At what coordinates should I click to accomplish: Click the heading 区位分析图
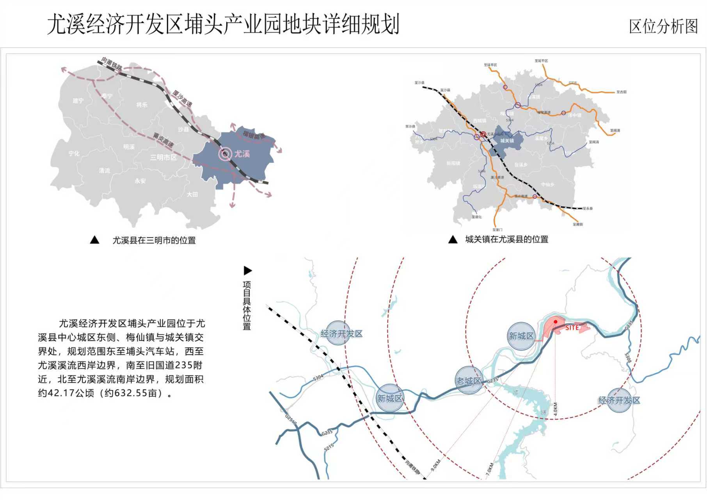(663, 27)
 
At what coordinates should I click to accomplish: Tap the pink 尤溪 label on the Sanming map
(242, 154)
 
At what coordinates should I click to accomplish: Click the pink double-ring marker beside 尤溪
(225, 154)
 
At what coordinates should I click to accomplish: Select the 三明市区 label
(163, 157)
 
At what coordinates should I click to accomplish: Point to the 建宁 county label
(78, 101)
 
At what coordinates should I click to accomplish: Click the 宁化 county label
(74, 154)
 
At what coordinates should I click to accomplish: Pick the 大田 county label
(192, 194)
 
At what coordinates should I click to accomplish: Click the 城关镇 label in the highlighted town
(507, 141)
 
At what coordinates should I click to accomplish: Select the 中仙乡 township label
(547, 184)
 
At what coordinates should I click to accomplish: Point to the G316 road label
(572, 83)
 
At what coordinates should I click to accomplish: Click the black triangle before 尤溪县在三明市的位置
(94, 240)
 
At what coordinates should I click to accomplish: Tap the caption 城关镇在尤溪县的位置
(506, 239)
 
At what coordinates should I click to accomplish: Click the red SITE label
(572, 328)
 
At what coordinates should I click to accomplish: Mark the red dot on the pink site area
(556, 322)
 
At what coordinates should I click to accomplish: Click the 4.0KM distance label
(555, 409)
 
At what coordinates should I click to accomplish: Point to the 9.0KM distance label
(435, 465)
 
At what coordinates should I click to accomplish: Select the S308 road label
(628, 358)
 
